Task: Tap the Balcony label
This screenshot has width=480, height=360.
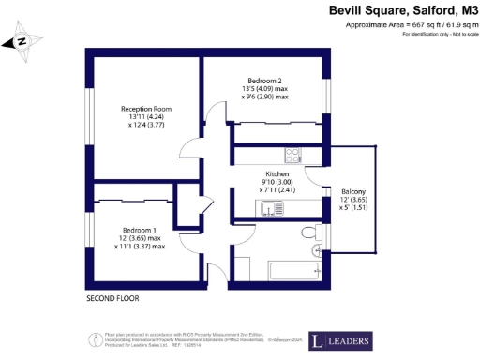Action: (353, 192)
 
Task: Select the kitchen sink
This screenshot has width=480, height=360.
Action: (271, 208)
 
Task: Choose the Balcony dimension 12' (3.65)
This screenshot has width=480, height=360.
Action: (353, 201)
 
